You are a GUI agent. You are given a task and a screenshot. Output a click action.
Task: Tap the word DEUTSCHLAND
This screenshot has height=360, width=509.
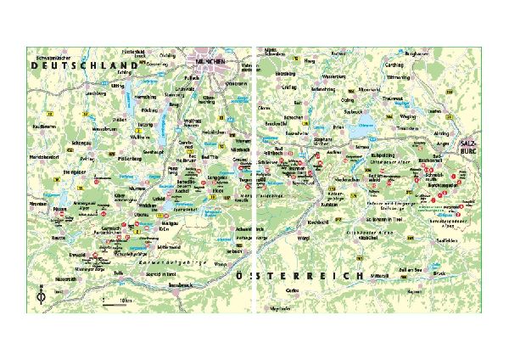pos(82,65)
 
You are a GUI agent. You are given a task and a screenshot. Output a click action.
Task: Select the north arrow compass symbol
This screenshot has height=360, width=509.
pos(41,297)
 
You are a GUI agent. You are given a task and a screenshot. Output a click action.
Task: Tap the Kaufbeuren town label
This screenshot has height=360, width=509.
pos(43,125)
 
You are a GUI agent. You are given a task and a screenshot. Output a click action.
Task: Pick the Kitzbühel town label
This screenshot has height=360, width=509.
pos(369,237)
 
